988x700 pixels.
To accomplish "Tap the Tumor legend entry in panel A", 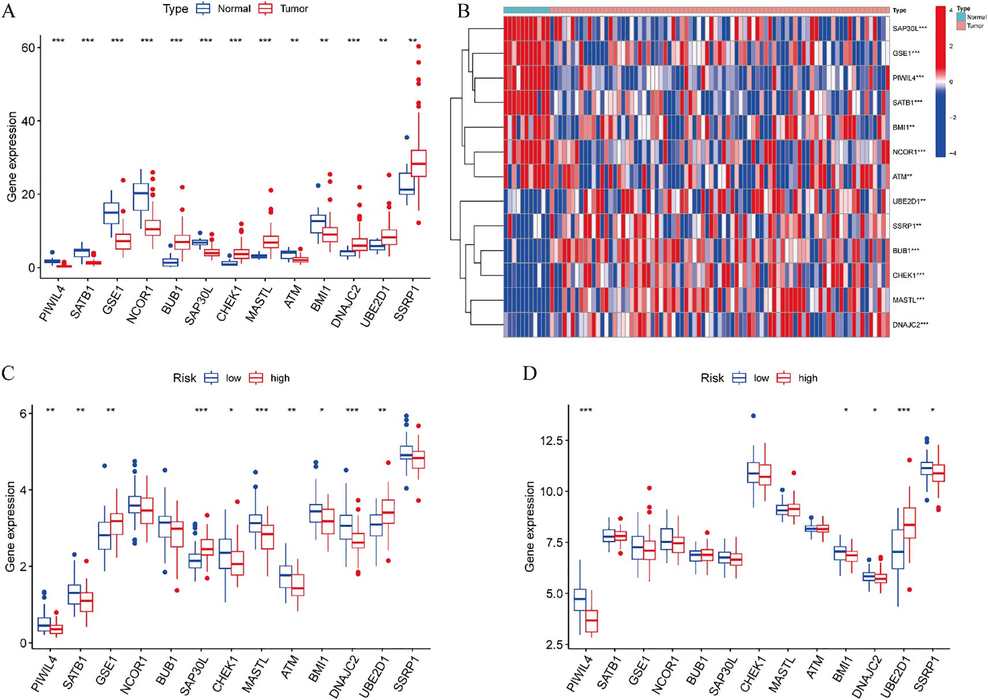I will (283, 9).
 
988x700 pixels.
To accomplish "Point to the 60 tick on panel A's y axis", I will (28, 48).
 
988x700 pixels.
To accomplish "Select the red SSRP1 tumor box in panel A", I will (419, 163).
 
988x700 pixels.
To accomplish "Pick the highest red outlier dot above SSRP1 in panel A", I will (419, 46).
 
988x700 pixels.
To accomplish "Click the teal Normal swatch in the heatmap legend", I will (961, 17).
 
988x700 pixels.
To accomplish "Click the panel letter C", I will (8, 373).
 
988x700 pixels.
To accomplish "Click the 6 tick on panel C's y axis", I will (22, 413).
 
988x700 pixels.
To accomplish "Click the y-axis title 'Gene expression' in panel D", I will (529, 526).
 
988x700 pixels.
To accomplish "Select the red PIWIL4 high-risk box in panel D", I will (592, 621).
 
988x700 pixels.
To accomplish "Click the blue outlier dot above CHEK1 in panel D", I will (753, 416).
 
